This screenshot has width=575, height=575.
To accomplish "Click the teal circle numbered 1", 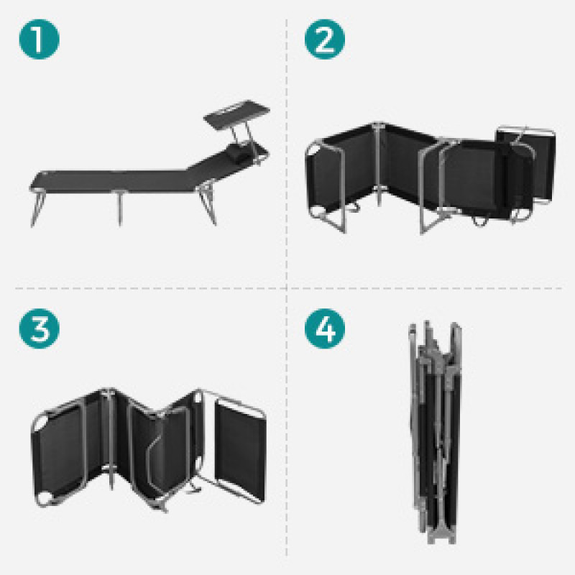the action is click(40, 40).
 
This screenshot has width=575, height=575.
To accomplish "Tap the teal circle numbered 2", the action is click(325, 40).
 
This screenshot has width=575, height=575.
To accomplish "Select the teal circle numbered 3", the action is click(40, 328).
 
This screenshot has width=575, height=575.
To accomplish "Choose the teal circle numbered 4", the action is click(325, 328).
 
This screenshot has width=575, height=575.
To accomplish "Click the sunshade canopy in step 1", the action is click(237, 114).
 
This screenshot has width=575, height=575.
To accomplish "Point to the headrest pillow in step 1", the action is click(239, 152).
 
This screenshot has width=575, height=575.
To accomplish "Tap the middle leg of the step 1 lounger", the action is click(119, 207).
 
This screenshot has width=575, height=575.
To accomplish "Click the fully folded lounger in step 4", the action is click(436, 433).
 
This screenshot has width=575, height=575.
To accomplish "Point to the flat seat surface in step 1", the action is click(110, 181).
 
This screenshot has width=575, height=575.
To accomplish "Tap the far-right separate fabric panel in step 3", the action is click(240, 452).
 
